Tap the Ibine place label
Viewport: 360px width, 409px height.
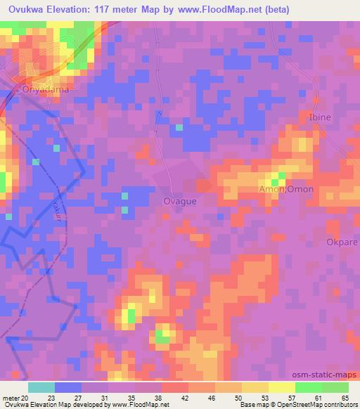(320, 117)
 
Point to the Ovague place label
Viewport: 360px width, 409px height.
(179, 201)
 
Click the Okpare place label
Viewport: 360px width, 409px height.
(342, 242)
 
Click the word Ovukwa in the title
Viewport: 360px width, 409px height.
(27, 10)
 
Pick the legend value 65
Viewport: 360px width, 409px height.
(345, 398)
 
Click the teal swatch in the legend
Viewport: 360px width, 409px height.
(41, 387)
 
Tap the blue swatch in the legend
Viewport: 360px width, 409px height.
(67, 387)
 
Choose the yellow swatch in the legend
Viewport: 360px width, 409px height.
(281, 387)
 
